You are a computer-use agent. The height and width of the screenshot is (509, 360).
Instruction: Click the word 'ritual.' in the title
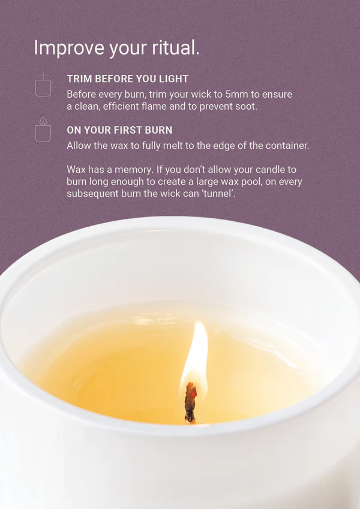click(x=176, y=47)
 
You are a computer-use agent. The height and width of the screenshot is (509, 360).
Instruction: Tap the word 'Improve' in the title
click(x=68, y=48)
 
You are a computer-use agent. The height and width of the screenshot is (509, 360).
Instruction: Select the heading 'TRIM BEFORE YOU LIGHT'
click(x=128, y=79)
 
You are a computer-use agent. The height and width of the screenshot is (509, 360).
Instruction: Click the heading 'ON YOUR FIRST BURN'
click(x=119, y=130)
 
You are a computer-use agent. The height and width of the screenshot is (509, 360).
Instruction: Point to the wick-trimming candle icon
click(x=43, y=85)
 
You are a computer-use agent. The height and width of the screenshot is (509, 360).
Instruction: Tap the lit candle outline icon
click(x=43, y=130)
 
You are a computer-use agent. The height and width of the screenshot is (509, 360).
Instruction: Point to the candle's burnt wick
click(x=191, y=403)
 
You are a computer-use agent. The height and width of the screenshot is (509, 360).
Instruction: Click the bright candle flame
click(x=196, y=354)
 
